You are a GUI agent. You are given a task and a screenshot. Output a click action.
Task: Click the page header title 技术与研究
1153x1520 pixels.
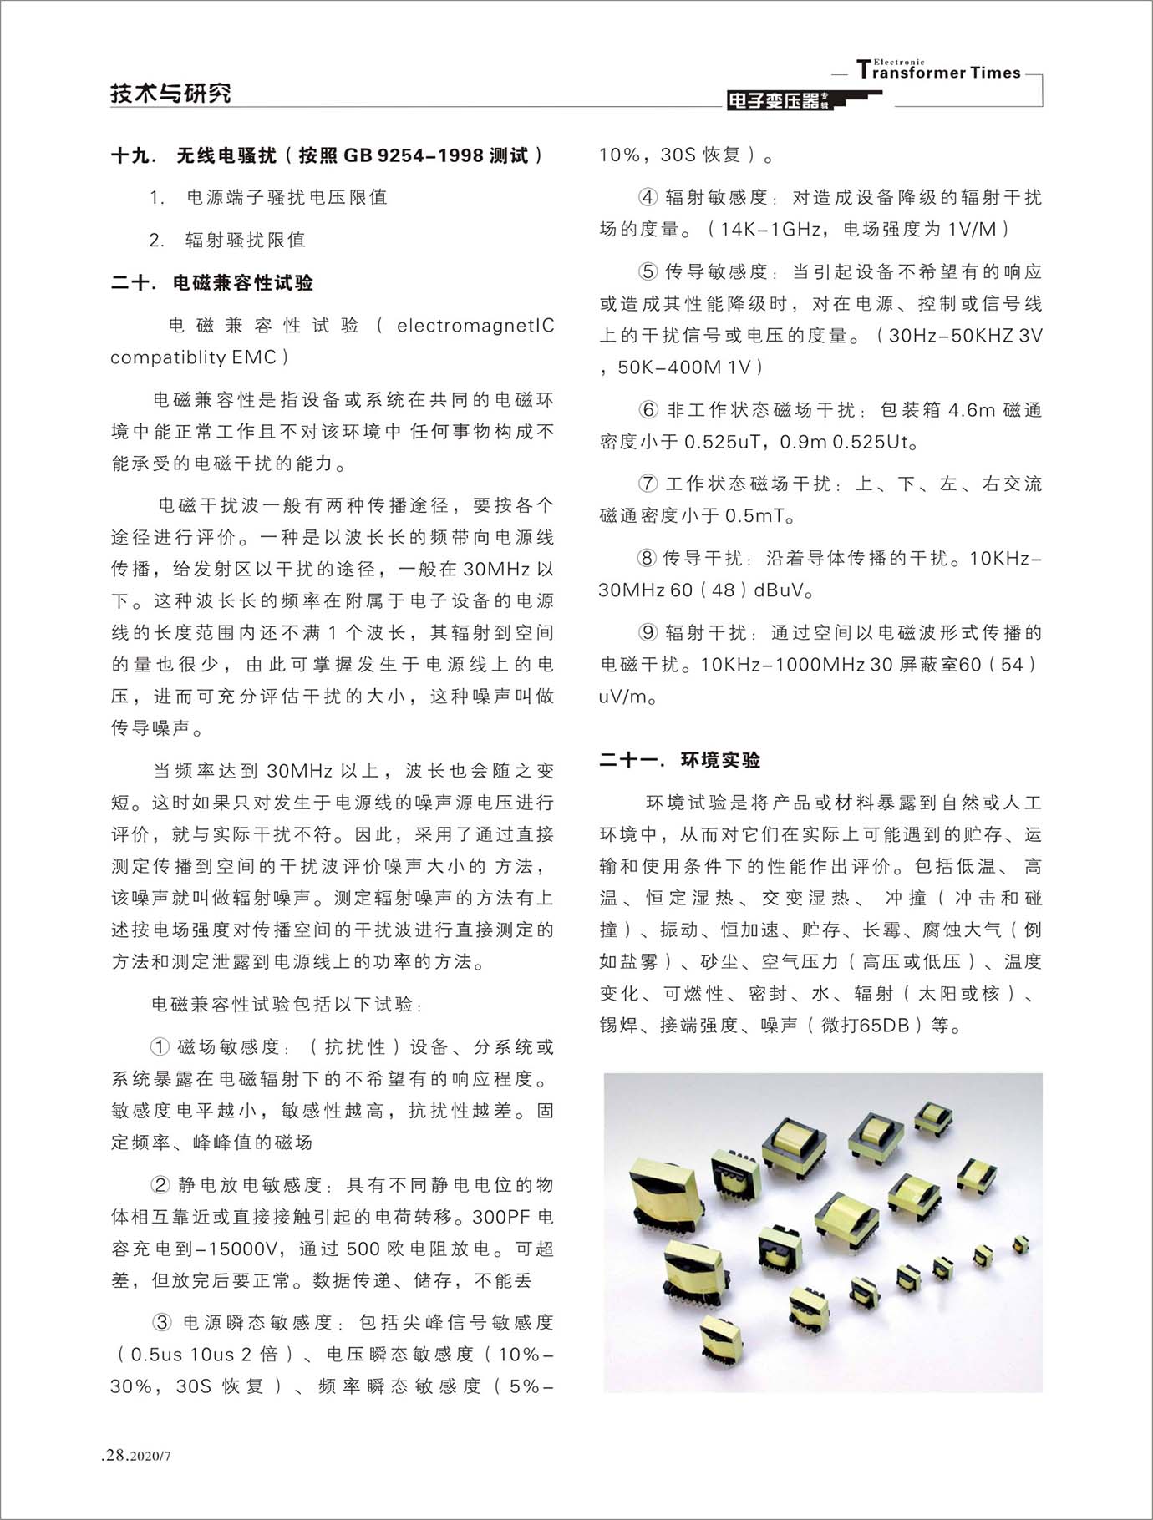click(170, 93)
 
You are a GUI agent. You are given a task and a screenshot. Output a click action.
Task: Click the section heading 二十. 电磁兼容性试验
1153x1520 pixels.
click(212, 283)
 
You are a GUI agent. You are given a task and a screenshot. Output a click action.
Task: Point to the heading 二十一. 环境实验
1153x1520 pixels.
click(680, 760)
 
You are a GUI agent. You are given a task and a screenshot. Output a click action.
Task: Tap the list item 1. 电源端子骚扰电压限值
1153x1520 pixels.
click(268, 198)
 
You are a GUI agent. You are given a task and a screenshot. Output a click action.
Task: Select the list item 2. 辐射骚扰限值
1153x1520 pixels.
click(227, 241)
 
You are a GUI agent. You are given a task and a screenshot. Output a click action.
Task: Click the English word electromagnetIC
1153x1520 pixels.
click(475, 325)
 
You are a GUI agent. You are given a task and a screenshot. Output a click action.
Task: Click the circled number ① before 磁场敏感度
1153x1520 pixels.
click(160, 1047)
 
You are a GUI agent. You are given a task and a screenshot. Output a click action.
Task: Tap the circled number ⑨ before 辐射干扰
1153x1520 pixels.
click(648, 633)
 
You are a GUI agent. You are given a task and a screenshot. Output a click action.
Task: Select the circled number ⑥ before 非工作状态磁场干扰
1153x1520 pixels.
click(648, 410)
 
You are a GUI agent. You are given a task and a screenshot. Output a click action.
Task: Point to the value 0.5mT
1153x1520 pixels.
click(755, 516)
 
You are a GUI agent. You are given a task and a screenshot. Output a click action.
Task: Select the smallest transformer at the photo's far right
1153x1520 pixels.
click(1020, 1244)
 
